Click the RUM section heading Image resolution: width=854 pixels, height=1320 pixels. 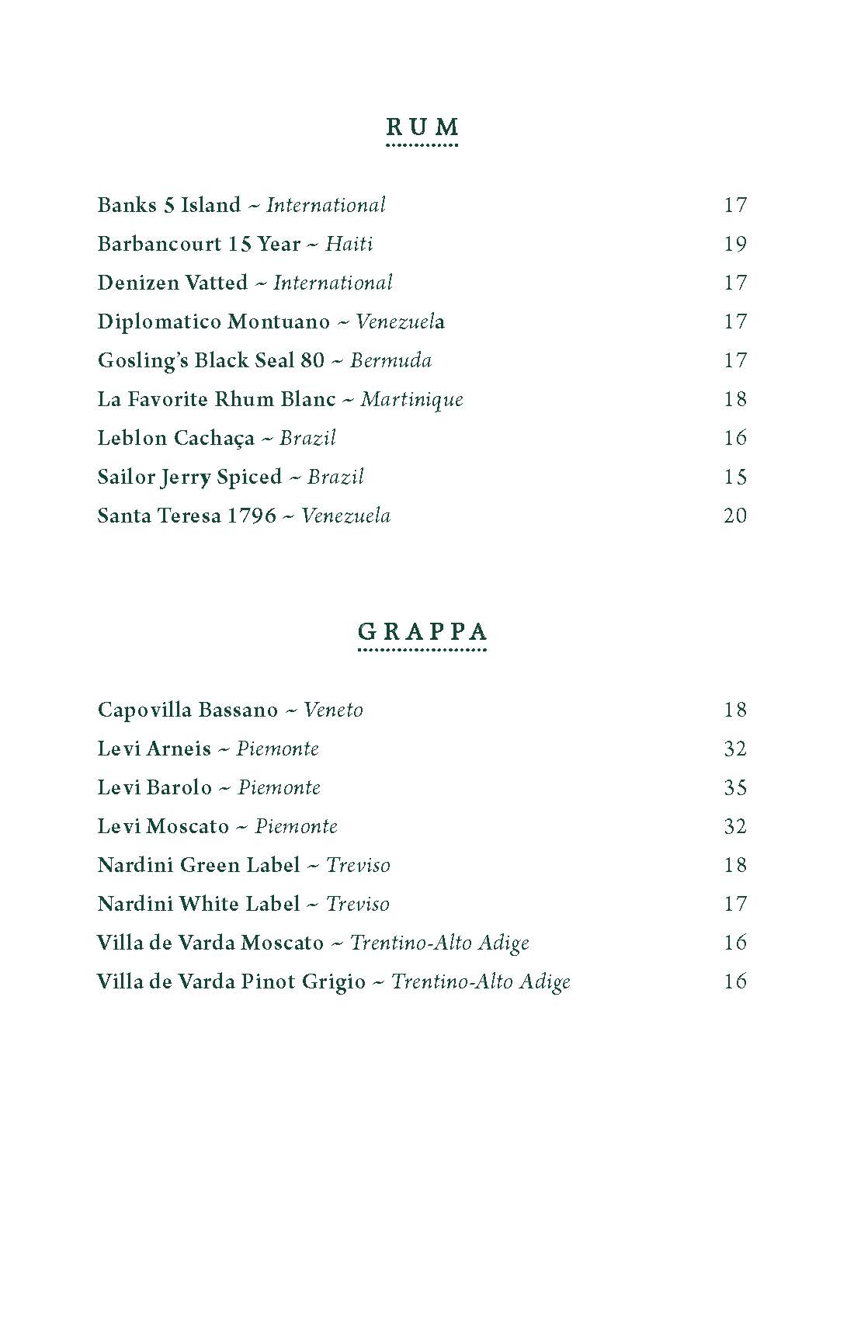click(x=422, y=127)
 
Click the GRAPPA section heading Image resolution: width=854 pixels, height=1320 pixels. click(x=422, y=631)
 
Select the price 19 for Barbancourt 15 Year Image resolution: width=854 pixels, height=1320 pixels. click(x=734, y=244)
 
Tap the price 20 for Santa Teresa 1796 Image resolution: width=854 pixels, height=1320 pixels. click(x=734, y=516)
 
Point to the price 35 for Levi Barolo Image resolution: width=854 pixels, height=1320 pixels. click(x=734, y=787)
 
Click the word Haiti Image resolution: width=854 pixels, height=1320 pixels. click(x=349, y=244)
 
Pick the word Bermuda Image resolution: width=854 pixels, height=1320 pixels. click(x=391, y=360)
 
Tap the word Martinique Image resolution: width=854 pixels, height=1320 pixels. click(x=411, y=400)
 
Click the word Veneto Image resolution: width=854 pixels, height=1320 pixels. click(x=333, y=710)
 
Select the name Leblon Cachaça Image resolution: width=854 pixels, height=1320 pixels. click(x=175, y=439)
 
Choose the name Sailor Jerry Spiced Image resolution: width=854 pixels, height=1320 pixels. click(x=189, y=478)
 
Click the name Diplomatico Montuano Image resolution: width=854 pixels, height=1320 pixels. click(x=213, y=321)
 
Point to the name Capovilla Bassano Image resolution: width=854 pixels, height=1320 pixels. click(x=187, y=710)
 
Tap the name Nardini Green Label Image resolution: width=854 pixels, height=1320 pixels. click(x=199, y=865)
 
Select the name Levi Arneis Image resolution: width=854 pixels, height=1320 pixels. click(x=154, y=749)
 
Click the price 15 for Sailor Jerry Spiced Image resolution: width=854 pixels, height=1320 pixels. click(x=734, y=477)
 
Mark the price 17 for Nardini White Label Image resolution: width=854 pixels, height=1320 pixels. click(x=734, y=904)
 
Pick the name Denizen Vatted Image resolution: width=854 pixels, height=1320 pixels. click(x=172, y=283)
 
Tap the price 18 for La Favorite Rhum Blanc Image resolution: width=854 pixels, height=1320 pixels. click(x=734, y=399)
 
